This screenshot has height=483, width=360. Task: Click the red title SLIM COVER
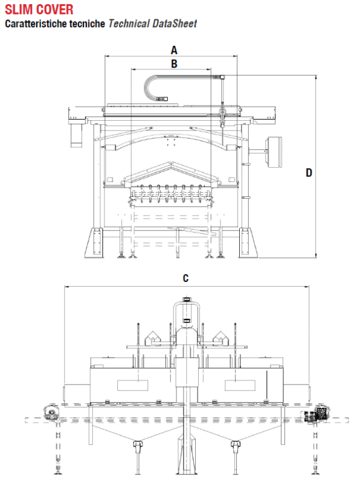(39, 9)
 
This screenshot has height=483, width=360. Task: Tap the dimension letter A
(174, 50)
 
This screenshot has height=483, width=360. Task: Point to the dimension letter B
(174, 64)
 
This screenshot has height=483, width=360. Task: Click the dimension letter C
(185, 278)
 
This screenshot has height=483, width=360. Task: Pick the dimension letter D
(309, 173)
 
